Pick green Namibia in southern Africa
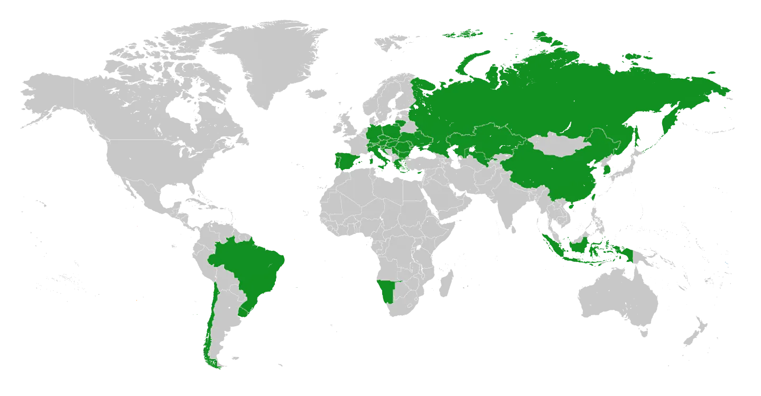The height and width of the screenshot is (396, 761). [x=387, y=292]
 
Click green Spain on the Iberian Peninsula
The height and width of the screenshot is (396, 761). [x=344, y=159]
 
